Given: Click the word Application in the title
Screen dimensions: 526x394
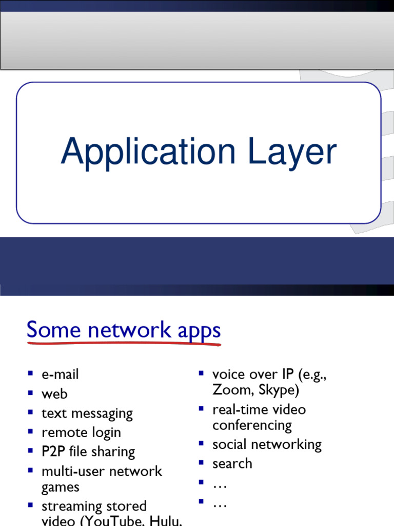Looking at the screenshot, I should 148,153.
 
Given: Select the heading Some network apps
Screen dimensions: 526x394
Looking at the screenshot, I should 124,330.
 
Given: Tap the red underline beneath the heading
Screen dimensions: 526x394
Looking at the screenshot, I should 124,343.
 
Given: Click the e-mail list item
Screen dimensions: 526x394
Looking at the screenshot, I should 60,374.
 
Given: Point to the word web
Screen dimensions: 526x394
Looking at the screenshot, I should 54,394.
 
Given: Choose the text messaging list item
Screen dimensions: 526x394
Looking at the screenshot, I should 87,414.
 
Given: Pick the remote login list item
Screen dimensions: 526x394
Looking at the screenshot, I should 81,433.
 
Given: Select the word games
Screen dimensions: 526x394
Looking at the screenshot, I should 61,487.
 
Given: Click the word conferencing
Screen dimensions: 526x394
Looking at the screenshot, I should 252,425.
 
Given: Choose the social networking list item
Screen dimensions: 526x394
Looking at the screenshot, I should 267,444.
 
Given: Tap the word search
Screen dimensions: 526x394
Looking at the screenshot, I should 232,463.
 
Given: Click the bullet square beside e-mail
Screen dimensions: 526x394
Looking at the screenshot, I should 31,373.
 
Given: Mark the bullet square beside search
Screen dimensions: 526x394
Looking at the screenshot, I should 202,462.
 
